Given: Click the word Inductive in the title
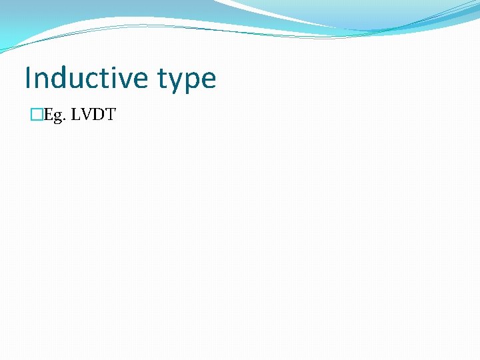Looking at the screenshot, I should [x=87, y=78].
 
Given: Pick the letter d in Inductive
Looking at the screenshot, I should [x=57, y=78].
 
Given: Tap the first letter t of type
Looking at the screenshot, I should [x=163, y=79].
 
